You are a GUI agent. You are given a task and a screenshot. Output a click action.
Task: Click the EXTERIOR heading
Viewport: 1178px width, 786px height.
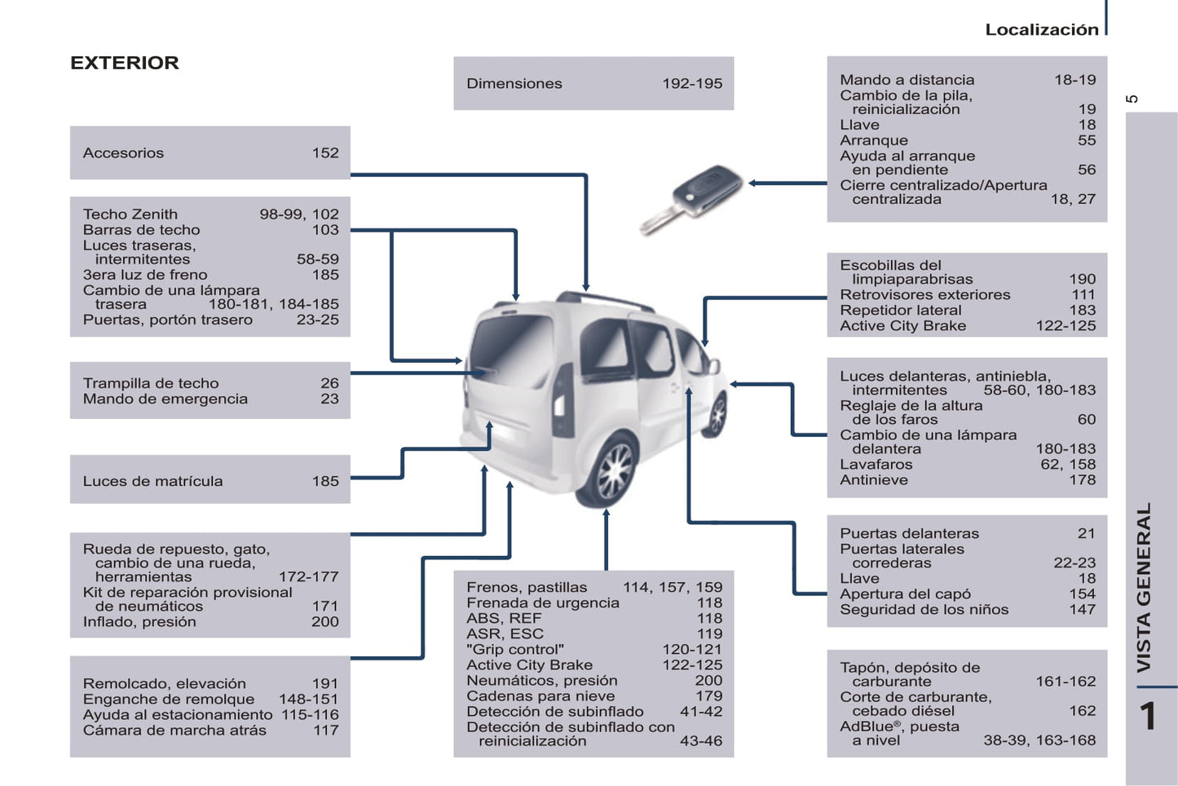click(x=124, y=63)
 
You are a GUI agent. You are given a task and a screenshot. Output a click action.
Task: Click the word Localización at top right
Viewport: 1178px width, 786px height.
click(x=1041, y=29)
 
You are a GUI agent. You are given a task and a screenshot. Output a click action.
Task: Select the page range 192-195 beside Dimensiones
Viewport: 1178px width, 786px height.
click(x=691, y=83)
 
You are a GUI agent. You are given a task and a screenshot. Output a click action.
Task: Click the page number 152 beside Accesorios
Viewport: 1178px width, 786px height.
click(x=324, y=152)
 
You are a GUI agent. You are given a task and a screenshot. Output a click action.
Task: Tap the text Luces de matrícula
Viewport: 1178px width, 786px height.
click(x=152, y=481)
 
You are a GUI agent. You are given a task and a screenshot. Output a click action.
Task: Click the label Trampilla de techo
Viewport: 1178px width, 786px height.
click(x=151, y=383)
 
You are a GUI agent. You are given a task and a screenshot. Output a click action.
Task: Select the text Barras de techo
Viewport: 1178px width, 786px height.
click(x=141, y=230)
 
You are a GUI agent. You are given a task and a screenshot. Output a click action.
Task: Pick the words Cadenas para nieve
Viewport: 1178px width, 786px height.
click(x=540, y=696)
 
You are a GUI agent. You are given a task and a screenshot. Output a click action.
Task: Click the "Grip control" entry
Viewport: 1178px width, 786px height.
click(x=515, y=650)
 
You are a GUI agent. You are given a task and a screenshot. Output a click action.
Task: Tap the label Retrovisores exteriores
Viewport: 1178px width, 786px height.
click(x=924, y=295)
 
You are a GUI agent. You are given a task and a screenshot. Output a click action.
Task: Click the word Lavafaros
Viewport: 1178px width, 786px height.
click(x=876, y=465)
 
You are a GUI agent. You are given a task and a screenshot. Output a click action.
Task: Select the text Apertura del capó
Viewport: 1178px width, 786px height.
click(x=905, y=594)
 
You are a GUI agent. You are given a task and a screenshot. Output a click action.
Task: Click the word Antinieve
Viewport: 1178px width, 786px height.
click(x=873, y=480)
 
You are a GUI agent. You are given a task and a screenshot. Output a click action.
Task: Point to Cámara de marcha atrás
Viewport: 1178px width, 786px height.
click(x=174, y=731)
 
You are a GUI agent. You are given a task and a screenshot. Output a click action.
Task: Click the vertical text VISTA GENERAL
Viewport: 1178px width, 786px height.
click(x=1144, y=587)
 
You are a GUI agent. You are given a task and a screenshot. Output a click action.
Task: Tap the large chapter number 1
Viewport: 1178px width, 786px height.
click(x=1148, y=717)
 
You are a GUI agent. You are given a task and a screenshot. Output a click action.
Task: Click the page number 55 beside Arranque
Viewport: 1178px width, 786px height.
click(x=1086, y=140)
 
